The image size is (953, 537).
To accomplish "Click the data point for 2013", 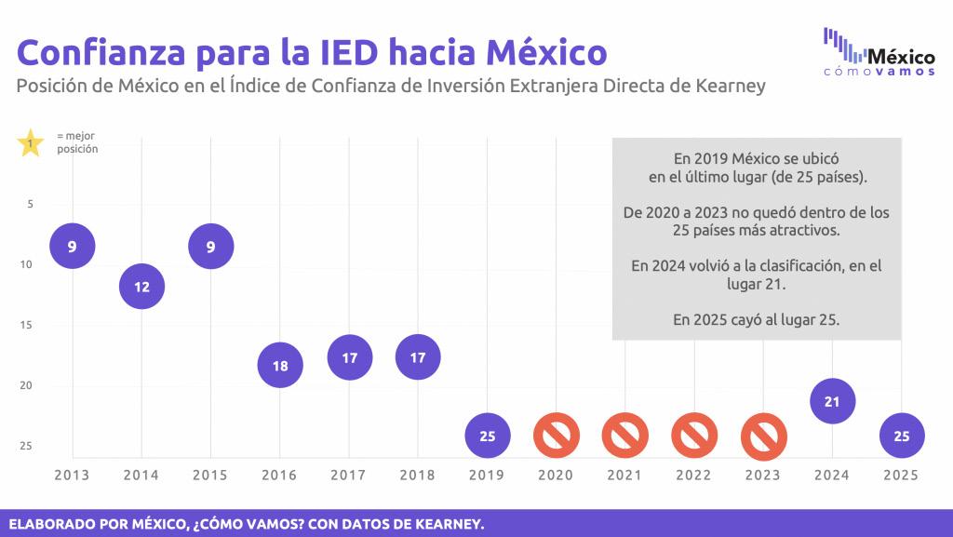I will click(73, 247).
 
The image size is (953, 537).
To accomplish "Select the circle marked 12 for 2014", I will click(141, 288).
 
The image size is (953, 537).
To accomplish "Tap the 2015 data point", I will click(211, 247).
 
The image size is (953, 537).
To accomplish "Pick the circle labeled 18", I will click(280, 366).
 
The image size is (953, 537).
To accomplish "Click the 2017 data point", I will click(349, 357).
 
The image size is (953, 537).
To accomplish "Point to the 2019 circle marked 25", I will click(487, 436).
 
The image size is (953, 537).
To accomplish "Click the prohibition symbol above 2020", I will click(557, 436).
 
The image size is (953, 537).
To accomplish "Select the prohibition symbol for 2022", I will click(694, 436).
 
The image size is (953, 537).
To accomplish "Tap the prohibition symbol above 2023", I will click(763, 436).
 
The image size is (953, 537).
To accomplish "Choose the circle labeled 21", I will click(833, 402).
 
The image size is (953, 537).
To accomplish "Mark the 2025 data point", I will click(901, 436).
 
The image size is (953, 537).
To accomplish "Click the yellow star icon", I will click(31, 144).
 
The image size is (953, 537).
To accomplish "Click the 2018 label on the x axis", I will click(418, 475).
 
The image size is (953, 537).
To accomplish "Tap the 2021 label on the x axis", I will click(624, 475).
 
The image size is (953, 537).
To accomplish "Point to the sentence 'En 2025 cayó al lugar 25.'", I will click(756, 320).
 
